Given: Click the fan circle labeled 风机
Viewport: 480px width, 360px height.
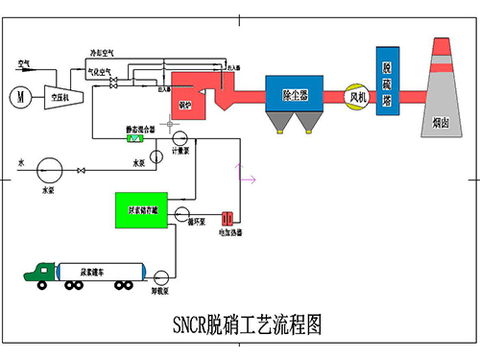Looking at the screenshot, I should pos(358,96).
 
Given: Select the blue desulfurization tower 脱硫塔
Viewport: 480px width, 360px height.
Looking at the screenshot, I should pos(387,81).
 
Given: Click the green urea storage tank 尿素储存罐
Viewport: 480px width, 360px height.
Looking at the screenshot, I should pos(141,209).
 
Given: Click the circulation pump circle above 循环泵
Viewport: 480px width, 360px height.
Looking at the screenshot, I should pos(192,209).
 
